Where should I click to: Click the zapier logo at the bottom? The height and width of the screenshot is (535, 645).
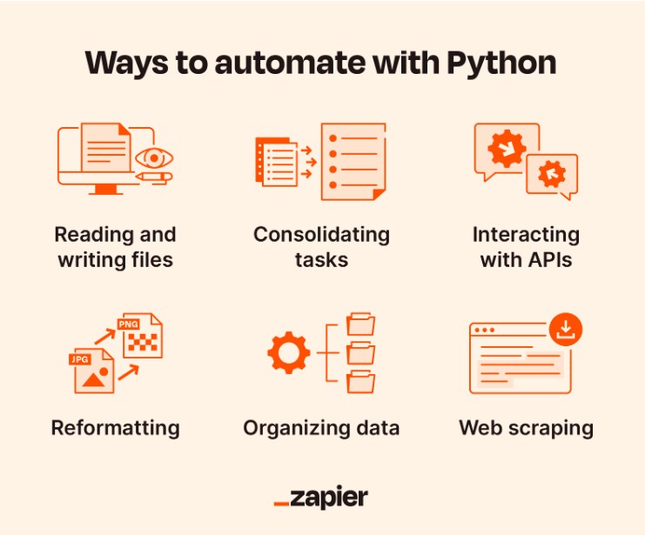pyautogui.click(x=321, y=498)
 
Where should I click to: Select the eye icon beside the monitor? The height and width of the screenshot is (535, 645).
pyautogui.click(x=154, y=158)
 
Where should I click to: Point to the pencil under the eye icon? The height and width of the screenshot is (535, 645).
pyautogui.click(x=154, y=177)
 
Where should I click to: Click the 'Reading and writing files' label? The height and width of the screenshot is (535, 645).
pyautogui.click(x=115, y=247)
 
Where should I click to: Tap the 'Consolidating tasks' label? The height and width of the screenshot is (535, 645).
pyautogui.click(x=321, y=247)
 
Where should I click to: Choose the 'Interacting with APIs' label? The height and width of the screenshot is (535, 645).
pyautogui.click(x=526, y=247)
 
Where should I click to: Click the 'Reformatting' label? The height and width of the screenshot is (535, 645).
pyautogui.click(x=115, y=428)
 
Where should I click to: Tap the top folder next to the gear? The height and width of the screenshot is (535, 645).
pyautogui.click(x=360, y=324)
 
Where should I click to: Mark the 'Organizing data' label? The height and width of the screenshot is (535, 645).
pyautogui.click(x=321, y=428)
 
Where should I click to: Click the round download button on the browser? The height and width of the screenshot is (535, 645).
pyautogui.click(x=566, y=329)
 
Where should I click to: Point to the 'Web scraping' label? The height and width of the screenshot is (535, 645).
pyautogui.click(x=526, y=428)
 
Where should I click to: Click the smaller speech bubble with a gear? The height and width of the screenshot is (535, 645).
pyautogui.click(x=552, y=174)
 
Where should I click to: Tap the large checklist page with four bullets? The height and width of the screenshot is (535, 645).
pyautogui.click(x=353, y=161)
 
